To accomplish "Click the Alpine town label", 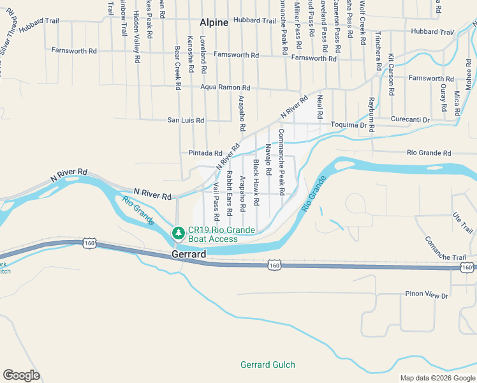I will point(214,22).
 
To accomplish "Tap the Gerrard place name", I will point(189,254).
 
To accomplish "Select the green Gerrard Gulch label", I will point(267,364).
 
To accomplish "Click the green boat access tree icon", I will point(179,231).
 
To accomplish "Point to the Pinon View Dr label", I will point(427,296).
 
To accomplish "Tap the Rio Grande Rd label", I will point(429,153).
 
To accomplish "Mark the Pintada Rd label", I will point(205,153).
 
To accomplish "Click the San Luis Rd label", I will point(186,120).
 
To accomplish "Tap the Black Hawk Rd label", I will point(256,183).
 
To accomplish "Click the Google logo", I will point(21,375).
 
